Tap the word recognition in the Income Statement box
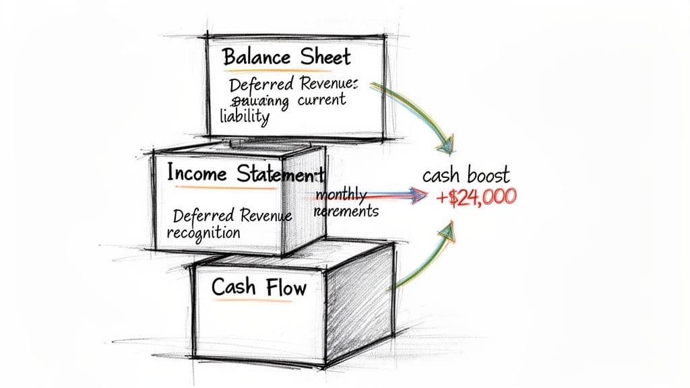pos(203,234)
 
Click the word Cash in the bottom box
pos(233,287)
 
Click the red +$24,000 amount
pos(476,197)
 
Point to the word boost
pos(489,176)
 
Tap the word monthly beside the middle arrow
pos(341,195)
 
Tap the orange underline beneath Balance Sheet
pos(283,70)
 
